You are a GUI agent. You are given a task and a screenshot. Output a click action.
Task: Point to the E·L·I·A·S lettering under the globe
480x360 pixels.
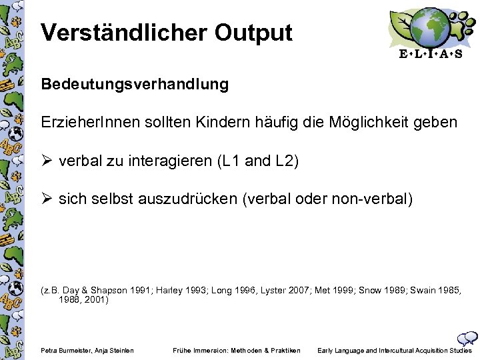click(430, 55)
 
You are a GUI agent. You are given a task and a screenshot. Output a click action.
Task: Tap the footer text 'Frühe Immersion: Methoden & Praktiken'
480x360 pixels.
click(237, 351)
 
